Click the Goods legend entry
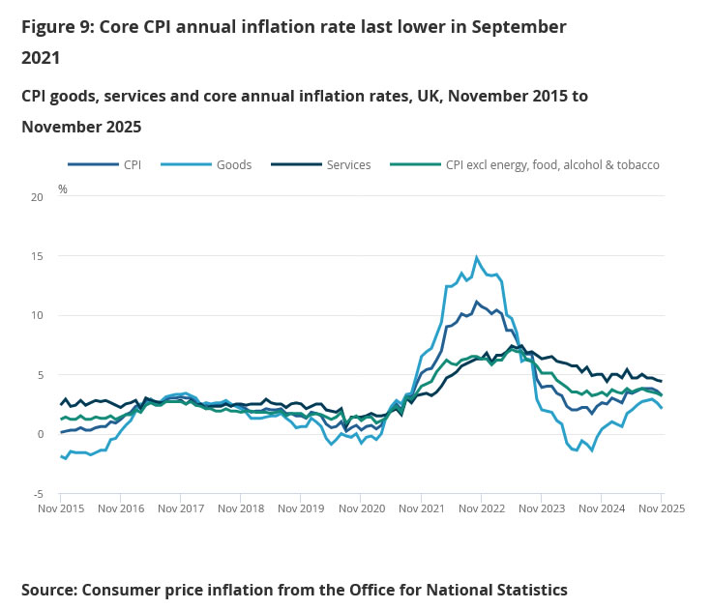(x=233, y=164)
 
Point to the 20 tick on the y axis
(x=38, y=197)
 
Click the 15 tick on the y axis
(x=38, y=256)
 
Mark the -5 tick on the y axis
(x=38, y=493)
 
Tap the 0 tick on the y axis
(x=41, y=434)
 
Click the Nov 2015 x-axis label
(x=61, y=508)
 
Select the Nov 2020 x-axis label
(x=361, y=508)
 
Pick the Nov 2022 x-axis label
(x=481, y=508)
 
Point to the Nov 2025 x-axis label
(x=661, y=508)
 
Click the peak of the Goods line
(x=476, y=257)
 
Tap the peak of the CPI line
(x=476, y=302)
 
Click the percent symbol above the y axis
(x=63, y=189)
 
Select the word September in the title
(x=518, y=27)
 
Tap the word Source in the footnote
(x=48, y=589)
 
